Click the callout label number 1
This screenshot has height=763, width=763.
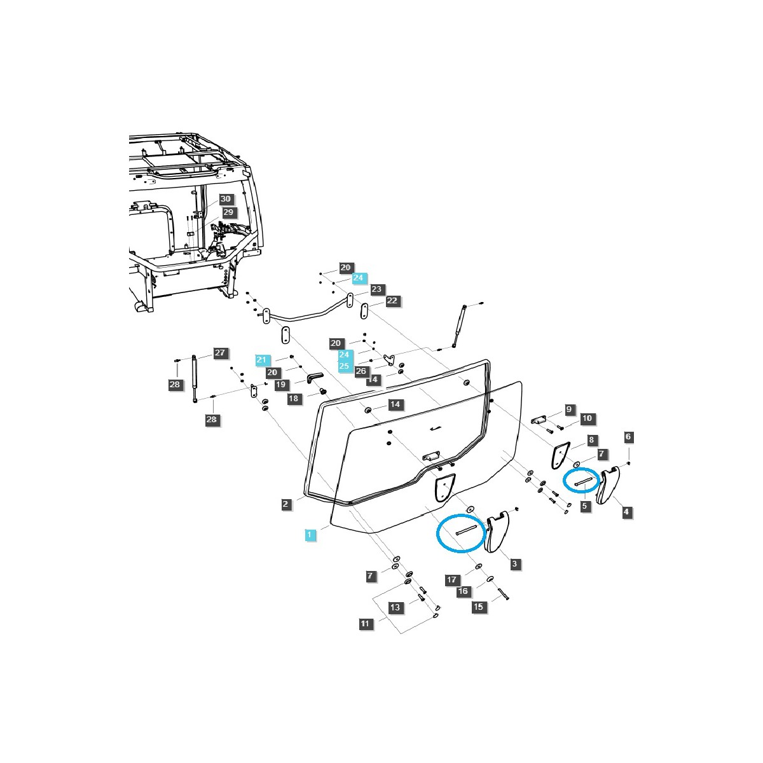[x=310, y=535]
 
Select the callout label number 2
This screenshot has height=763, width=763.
[x=287, y=504]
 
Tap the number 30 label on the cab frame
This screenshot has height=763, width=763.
[x=226, y=199]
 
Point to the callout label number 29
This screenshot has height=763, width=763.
[x=228, y=212]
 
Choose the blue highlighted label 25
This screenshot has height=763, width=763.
[x=344, y=366]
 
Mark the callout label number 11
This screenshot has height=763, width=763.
[x=365, y=624]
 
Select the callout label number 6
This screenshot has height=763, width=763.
[x=628, y=437]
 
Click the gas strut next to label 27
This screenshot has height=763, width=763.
[x=194, y=379]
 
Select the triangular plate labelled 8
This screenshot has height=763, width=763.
[x=560, y=455]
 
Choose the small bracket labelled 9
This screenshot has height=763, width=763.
[x=540, y=420]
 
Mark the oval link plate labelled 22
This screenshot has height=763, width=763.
[x=364, y=312]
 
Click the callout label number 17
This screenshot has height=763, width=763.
[x=452, y=580]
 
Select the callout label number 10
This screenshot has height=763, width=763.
[x=586, y=418]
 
